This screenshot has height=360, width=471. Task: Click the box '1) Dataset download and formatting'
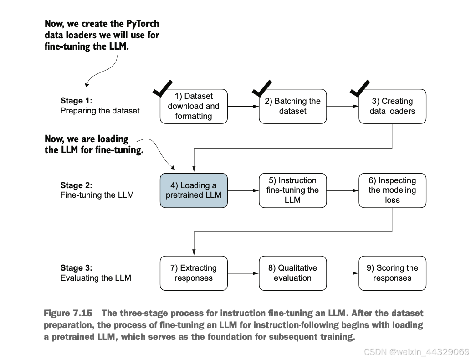click(194, 106)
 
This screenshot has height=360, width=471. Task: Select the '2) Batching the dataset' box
click(292, 106)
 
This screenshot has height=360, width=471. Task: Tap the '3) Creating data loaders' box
click(392, 106)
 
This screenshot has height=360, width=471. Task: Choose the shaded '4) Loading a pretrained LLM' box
click(194, 190)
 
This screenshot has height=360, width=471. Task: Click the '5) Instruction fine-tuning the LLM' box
click(292, 190)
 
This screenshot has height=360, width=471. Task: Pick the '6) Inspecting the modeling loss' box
click(392, 190)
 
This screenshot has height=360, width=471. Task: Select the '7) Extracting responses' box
click(194, 273)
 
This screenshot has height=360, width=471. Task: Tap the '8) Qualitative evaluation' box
click(292, 273)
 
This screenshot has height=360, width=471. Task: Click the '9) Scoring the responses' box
click(392, 273)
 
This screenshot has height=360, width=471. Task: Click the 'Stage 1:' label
click(76, 101)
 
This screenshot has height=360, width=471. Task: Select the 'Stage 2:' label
click(76, 185)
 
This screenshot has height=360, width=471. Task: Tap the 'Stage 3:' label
click(76, 268)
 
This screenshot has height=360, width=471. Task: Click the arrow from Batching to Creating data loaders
click(343, 106)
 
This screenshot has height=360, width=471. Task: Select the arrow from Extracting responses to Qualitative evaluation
click(243, 273)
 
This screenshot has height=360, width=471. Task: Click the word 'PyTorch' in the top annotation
click(143, 24)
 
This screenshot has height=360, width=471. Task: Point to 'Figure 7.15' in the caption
click(68, 313)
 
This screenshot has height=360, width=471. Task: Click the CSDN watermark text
click(417, 352)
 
